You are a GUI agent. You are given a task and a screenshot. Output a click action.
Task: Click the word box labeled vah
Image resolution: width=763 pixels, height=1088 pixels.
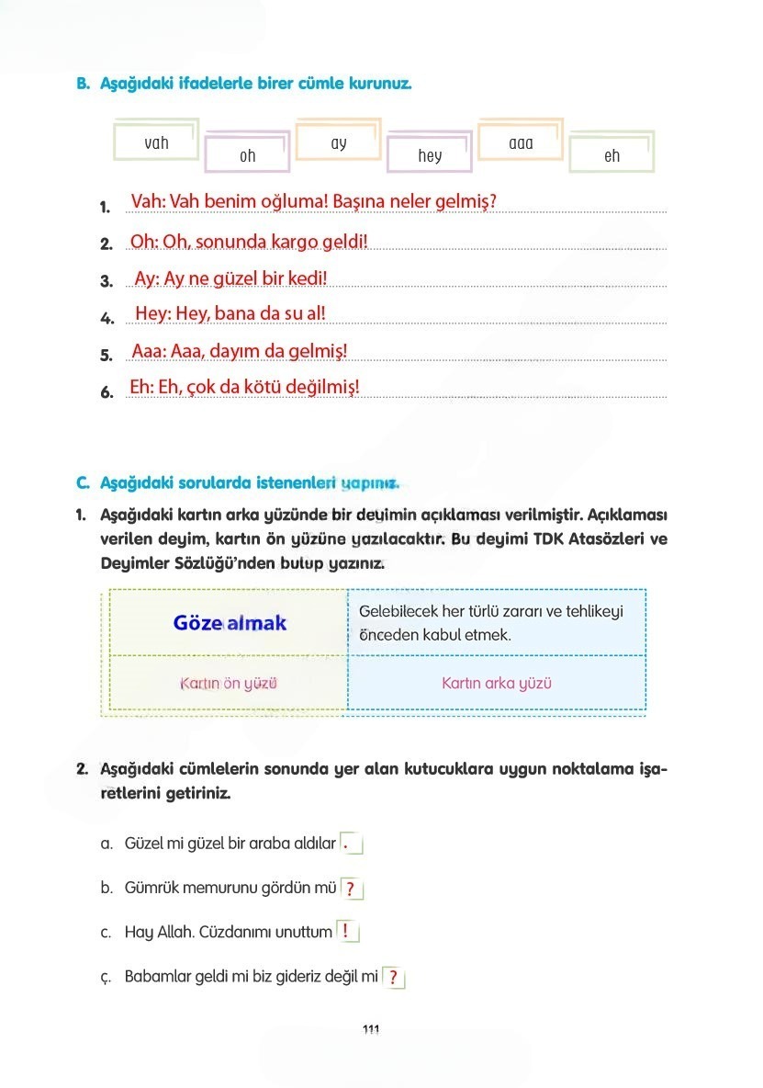pos(156,142)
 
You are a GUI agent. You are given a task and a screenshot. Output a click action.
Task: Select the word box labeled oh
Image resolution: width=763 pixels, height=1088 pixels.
pos(247,155)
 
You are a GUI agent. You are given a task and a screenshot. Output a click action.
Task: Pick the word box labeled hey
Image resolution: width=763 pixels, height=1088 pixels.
pos(430,155)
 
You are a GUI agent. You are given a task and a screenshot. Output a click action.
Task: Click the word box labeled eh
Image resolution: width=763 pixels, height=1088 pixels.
pos(612,155)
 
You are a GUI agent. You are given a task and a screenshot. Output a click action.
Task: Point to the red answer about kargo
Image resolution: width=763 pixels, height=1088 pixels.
pos(249,242)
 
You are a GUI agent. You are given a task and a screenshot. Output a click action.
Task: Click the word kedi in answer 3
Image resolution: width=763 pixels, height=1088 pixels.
pos(308,278)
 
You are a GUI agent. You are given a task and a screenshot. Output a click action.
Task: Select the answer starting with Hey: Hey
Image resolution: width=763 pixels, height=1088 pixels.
pos(230,313)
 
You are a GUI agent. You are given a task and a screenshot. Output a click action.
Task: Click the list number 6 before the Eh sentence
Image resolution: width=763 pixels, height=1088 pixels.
pos(106,392)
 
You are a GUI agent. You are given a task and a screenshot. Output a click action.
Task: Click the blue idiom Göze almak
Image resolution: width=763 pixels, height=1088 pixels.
pos(230,623)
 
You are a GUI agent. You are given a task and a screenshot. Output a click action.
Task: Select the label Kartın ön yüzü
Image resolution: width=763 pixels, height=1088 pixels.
pos(229,684)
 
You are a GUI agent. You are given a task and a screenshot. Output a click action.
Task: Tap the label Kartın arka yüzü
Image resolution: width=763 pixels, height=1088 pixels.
pos(497,684)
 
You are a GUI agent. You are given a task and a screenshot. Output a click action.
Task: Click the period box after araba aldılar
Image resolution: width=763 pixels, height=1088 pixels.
pos(351,843)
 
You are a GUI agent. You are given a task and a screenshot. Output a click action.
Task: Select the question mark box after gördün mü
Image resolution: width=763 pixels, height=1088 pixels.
pos(352,889)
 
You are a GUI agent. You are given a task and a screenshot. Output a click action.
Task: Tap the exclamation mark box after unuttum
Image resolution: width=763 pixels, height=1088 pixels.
pos(347,931)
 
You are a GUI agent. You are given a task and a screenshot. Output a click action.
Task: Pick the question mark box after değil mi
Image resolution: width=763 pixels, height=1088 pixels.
pos(393,977)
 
